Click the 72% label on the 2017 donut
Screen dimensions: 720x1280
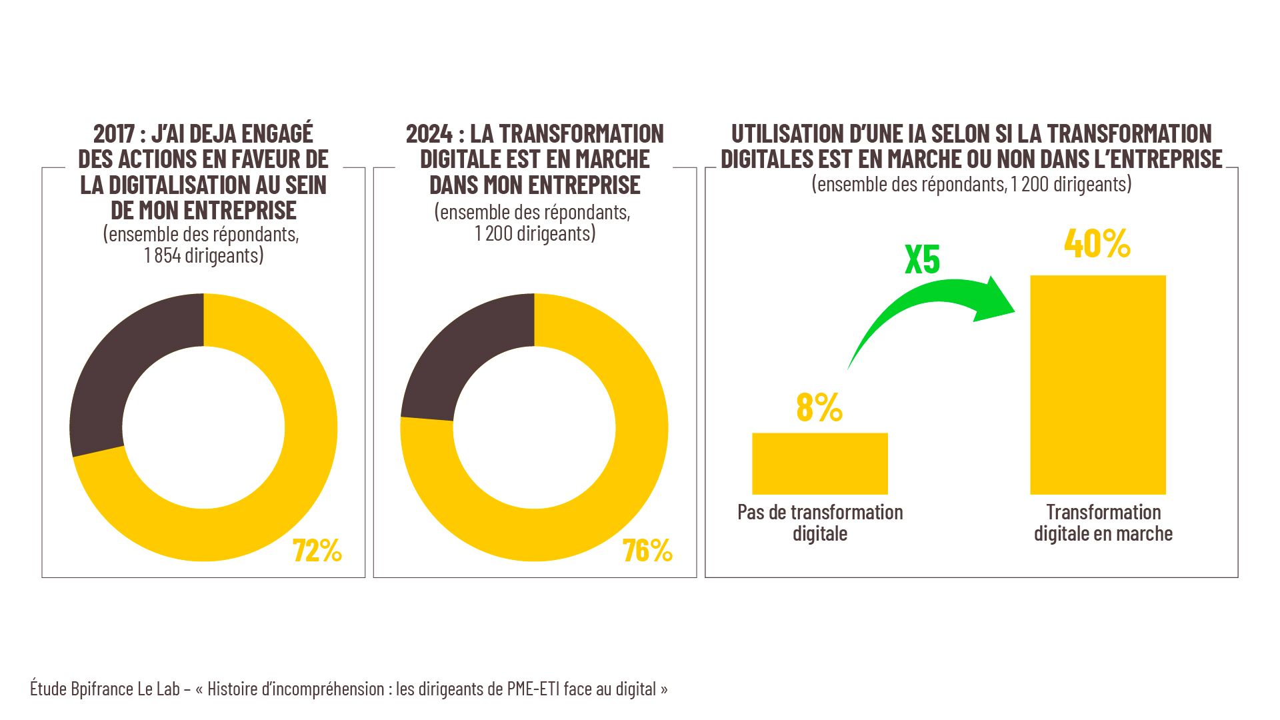pyautogui.click(x=317, y=551)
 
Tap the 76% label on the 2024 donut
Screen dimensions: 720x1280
pyautogui.click(x=647, y=551)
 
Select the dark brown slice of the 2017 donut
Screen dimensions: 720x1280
pyautogui.click(x=127, y=373)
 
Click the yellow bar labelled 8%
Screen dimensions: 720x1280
pyautogui.click(x=820, y=463)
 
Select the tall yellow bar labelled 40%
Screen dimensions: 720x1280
pyautogui.click(x=1098, y=385)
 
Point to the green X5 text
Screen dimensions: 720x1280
pyautogui.click(x=922, y=260)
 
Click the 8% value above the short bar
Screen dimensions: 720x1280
pyautogui.click(x=819, y=407)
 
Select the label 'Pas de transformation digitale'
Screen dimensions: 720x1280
pyautogui.click(x=820, y=523)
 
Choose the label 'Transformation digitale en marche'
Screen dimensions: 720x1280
pyautogui.click(x=1103, y=523)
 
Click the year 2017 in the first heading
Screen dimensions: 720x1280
pyautogui.click(x=114, y=134)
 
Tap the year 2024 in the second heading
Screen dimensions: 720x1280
pyautogui.click(x=429, y=134)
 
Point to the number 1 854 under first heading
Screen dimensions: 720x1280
pyautogui.click(x=162, y=255)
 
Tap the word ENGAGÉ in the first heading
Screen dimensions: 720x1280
pyautogui.click(x=277, y=134)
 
